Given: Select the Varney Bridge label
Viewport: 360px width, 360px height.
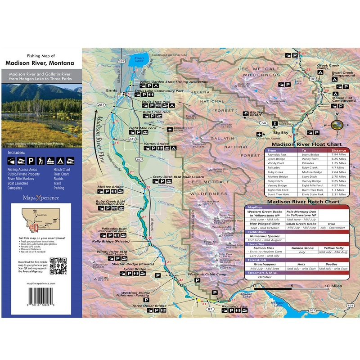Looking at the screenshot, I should click(157, 144).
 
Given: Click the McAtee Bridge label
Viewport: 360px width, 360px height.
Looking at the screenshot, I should click(111, 187).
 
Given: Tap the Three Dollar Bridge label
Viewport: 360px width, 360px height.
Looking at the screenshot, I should click(149, 306).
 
